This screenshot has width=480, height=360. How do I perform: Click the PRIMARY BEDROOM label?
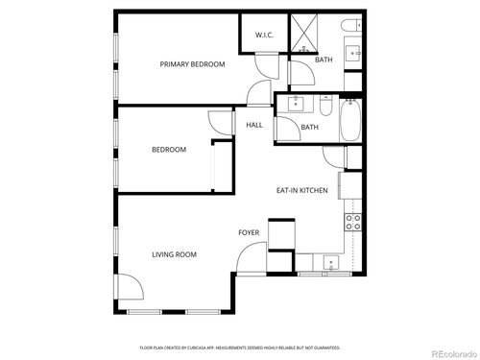tap(192, 64)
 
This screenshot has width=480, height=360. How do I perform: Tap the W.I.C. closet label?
tap(265, 36)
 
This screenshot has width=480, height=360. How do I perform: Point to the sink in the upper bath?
tap(351, 53)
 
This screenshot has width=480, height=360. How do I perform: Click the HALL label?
tap(254, 125)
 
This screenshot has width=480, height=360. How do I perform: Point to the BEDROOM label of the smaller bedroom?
tap(168, 150)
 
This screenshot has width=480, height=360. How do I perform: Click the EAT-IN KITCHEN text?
tap(302, 190)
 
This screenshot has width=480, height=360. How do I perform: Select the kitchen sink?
tap(332, 261)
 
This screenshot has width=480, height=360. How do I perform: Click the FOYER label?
tap(248, 233)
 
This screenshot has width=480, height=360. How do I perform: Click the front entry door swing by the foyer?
tap(252, 257)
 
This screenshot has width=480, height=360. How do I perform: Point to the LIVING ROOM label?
tap(174, 254)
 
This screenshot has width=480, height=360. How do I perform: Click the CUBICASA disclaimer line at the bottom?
tap(240, 347)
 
